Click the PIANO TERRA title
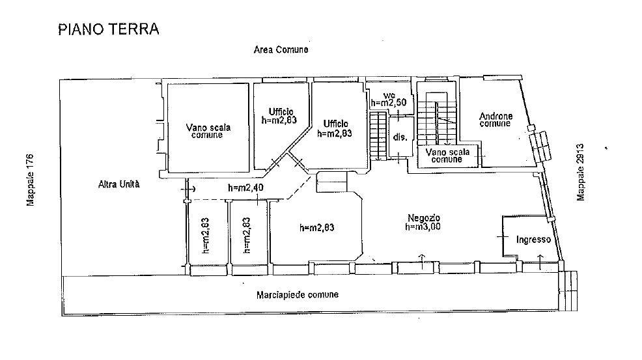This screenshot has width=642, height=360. [109, 29]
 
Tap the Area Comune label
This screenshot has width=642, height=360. [281, 49]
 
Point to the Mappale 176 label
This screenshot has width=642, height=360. [31, 180]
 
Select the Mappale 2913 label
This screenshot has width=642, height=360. [580, 172]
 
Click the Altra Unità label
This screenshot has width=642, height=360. [119, 184]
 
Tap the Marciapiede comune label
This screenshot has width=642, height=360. [298, 294]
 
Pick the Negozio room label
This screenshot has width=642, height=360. [424, 218]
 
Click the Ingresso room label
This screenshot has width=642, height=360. [533, 240]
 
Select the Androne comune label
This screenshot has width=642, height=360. [496, 120]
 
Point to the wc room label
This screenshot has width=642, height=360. [389, 95]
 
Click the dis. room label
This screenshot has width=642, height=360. [400, 137]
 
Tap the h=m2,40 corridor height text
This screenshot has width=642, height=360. [245, 187]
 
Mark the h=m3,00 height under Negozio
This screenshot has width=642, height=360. [423, 227]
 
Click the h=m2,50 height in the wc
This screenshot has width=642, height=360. [389, 102]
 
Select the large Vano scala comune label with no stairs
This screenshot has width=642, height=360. [208, 131]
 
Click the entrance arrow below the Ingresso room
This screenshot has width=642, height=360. [540, 262]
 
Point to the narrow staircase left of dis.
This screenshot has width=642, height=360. [378, 136]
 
